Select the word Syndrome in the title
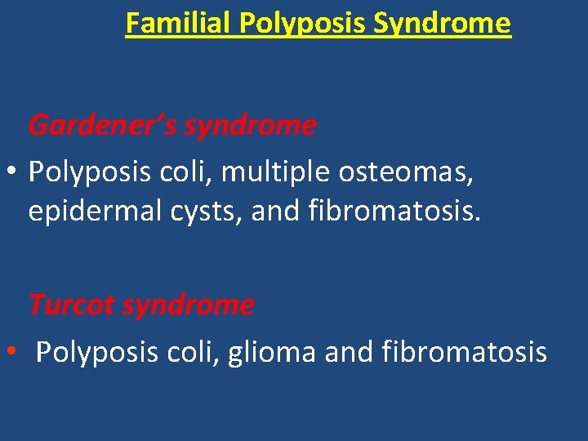[x=442, y=23]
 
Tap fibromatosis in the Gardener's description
[x=396, y=211]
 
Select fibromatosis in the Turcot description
[x=465, y=352]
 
